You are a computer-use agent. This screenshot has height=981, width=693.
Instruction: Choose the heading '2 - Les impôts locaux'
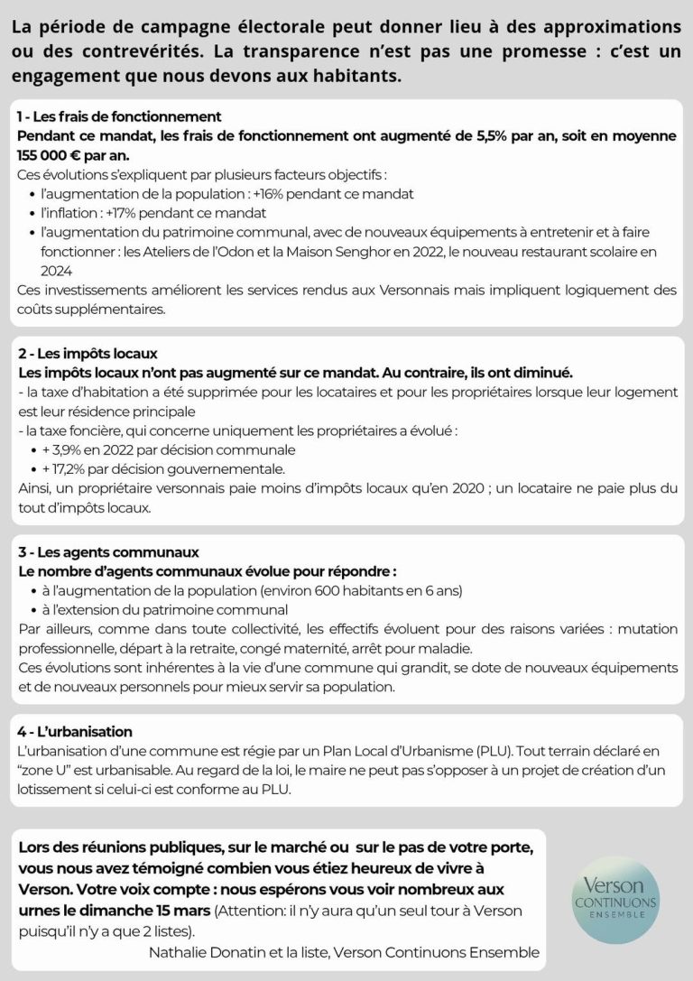(x=88, y=354)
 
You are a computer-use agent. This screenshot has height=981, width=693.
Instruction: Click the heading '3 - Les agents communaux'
(x=108, y=552)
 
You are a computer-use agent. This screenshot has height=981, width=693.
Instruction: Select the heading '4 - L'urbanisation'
(x=75, y=731)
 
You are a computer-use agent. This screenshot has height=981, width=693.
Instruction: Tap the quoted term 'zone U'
(x=46, y=769)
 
